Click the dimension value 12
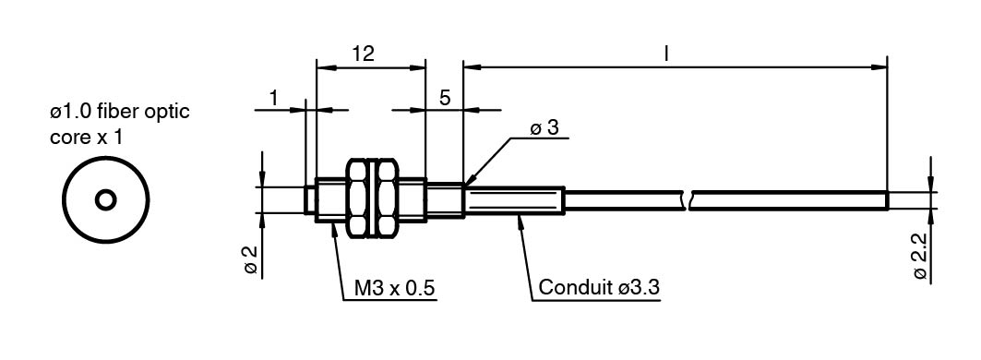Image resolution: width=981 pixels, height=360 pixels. pos(363,54)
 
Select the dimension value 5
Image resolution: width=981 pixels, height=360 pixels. pos(446,98)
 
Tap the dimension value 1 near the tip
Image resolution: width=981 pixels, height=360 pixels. pos(273,98)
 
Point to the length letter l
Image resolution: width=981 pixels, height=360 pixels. pos(667,54)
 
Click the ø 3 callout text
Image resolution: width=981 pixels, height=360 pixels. pos(544,128)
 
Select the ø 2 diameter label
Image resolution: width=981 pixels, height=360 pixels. pos(250,259)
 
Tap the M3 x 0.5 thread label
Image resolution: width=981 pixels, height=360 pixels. pos(395,289)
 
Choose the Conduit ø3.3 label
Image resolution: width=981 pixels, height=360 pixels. pos(599,288)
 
